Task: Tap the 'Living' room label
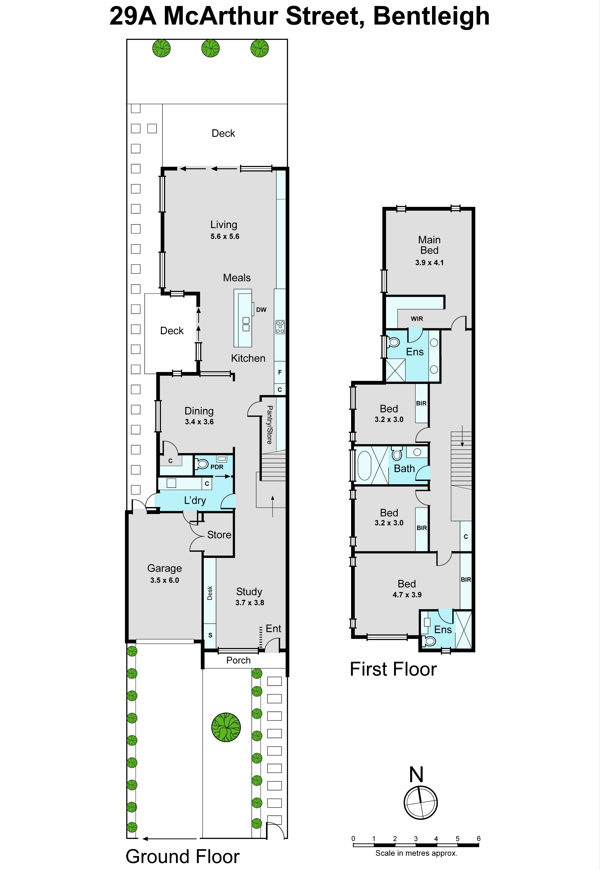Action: coord(224,225)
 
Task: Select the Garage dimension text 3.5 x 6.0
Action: coord(165,580)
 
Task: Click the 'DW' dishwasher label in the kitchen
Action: coord(261,309)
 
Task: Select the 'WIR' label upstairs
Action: coord(417,319)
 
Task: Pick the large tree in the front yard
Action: coord(226,727)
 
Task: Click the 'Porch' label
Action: coord(238,660)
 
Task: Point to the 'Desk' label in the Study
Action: coord(210,593)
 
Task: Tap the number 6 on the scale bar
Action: coord(479,838)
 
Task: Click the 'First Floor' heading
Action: coord(393,669)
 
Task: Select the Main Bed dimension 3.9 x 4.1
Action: coord(429,263)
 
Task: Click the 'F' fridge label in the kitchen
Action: coord(280,372)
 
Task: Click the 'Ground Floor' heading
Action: coord(183,857)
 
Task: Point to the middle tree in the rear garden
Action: coord(211,48)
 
